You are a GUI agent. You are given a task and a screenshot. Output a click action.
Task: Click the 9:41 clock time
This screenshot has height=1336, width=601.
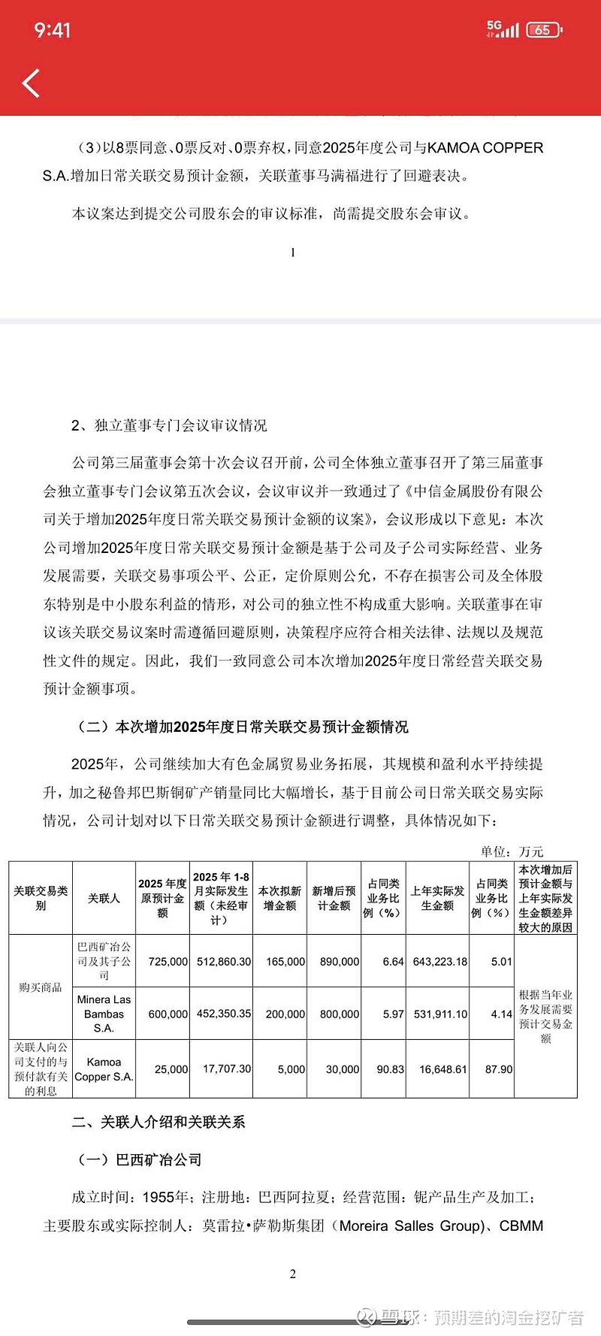pos(52,30)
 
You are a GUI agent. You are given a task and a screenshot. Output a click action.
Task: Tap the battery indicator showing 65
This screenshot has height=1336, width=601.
pos(544,30)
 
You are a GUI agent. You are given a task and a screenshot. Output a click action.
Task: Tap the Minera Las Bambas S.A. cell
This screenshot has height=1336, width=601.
pos(104,1014)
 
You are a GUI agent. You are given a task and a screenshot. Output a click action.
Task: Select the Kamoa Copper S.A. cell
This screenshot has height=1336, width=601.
pos(104,1068)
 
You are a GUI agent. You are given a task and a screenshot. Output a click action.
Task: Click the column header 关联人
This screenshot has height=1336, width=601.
pos(104,898)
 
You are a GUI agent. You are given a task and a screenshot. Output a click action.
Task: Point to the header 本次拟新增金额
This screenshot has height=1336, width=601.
pos(279,898)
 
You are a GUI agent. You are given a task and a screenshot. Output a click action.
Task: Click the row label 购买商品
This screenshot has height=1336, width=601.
pos(41,987)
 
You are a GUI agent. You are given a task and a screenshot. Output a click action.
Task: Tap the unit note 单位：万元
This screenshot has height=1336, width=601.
pos(512,851)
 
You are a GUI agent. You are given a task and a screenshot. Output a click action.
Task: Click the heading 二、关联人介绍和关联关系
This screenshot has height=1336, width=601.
pos(159,1122)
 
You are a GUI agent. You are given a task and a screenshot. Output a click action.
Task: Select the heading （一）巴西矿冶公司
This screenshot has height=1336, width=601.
pos(140,1159)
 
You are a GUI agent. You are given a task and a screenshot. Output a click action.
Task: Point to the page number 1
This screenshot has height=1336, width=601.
pos(293,252)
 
